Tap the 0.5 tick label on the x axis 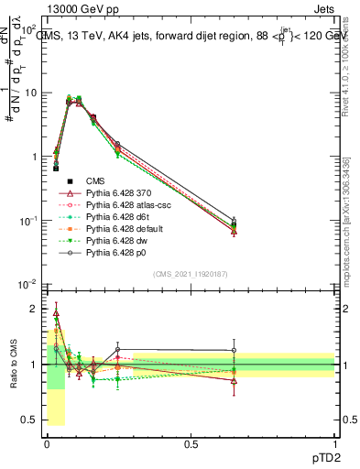(191, 443)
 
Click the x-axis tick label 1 (334, 443)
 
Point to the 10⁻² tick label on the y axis (29, 284)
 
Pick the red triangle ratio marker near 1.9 (56, 312)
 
